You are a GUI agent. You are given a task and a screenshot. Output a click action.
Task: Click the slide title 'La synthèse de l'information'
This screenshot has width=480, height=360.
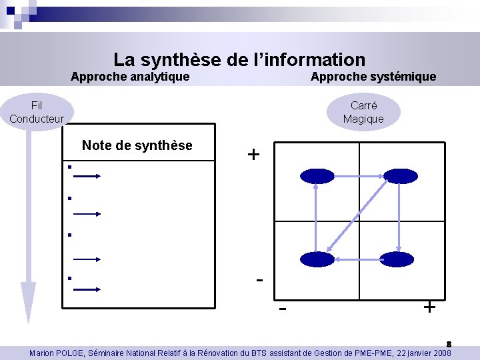239,60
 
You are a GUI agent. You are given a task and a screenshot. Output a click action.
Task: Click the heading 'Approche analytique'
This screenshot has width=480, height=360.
130,77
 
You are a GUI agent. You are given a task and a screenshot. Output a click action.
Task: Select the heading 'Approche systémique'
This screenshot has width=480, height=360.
373,77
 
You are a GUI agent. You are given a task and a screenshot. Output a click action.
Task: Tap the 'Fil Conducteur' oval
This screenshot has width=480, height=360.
37,112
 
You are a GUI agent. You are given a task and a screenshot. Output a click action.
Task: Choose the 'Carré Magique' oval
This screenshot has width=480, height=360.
363,112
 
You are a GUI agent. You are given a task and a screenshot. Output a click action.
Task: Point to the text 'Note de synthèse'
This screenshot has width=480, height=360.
137,145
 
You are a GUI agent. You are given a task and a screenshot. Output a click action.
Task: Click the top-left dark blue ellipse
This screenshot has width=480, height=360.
317,176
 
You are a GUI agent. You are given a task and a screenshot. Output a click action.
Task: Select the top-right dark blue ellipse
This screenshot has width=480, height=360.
399,176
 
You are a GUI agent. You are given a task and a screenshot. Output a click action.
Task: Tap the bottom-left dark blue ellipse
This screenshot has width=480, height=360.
317,259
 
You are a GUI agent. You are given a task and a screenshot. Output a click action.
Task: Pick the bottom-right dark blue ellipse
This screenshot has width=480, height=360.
399,259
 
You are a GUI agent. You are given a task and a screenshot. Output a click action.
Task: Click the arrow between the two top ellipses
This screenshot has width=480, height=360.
358,176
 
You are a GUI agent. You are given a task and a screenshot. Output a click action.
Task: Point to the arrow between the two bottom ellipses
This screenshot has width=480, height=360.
358,259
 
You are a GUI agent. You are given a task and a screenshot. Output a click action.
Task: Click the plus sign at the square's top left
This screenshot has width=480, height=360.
253,155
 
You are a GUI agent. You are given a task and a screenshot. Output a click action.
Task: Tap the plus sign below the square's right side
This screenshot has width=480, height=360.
430,307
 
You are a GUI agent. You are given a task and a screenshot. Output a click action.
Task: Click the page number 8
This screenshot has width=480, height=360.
449,344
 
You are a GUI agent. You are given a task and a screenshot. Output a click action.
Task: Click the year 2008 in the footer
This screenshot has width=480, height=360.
441,353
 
